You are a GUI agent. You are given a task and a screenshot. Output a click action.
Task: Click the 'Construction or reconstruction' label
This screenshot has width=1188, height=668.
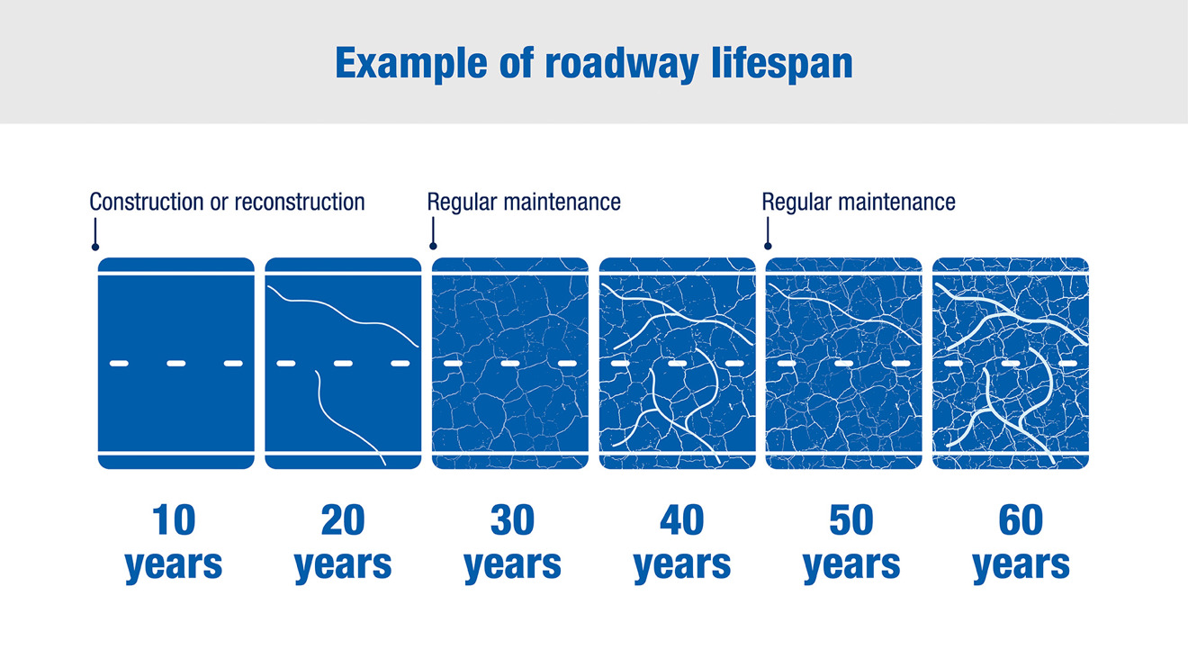coord(227,203)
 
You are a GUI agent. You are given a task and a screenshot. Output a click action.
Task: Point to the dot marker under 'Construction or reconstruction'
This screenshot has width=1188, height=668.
coord(95,247)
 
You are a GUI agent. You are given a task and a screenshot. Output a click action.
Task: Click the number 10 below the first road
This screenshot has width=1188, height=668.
coord(174,520)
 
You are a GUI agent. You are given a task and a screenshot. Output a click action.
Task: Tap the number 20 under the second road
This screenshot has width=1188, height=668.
coord(343,520)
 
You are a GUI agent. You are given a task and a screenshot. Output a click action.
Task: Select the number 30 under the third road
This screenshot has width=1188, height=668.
coord(512,520)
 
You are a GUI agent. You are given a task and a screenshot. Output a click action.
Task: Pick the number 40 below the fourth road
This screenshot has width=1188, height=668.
coord(682,520)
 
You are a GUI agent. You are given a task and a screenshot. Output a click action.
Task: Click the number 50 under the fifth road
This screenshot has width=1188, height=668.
coord(851,520)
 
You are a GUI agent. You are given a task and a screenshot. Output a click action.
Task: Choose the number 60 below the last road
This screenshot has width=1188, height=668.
coord(1021,520)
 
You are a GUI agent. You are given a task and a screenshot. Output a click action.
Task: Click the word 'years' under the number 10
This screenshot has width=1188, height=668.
coord(174,566)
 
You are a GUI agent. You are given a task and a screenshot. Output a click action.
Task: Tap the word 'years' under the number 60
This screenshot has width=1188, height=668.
coord(1021,566)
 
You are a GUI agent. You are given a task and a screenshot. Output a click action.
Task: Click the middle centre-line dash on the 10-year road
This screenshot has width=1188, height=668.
coord(176,364)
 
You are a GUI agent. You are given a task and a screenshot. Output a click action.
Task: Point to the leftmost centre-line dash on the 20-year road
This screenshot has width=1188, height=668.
coord(286,364)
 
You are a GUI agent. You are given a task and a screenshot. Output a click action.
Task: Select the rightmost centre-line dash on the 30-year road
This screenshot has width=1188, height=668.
coord(568,364)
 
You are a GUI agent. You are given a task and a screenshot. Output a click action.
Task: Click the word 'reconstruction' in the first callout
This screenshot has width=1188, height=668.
coord(300,203)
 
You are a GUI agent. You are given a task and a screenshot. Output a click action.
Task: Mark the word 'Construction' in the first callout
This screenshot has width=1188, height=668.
coord(146,203)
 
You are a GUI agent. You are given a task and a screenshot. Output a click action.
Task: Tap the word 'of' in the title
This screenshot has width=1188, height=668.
coord(516,64)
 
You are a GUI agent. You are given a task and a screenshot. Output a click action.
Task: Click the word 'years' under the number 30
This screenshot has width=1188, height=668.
coord(512,566)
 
